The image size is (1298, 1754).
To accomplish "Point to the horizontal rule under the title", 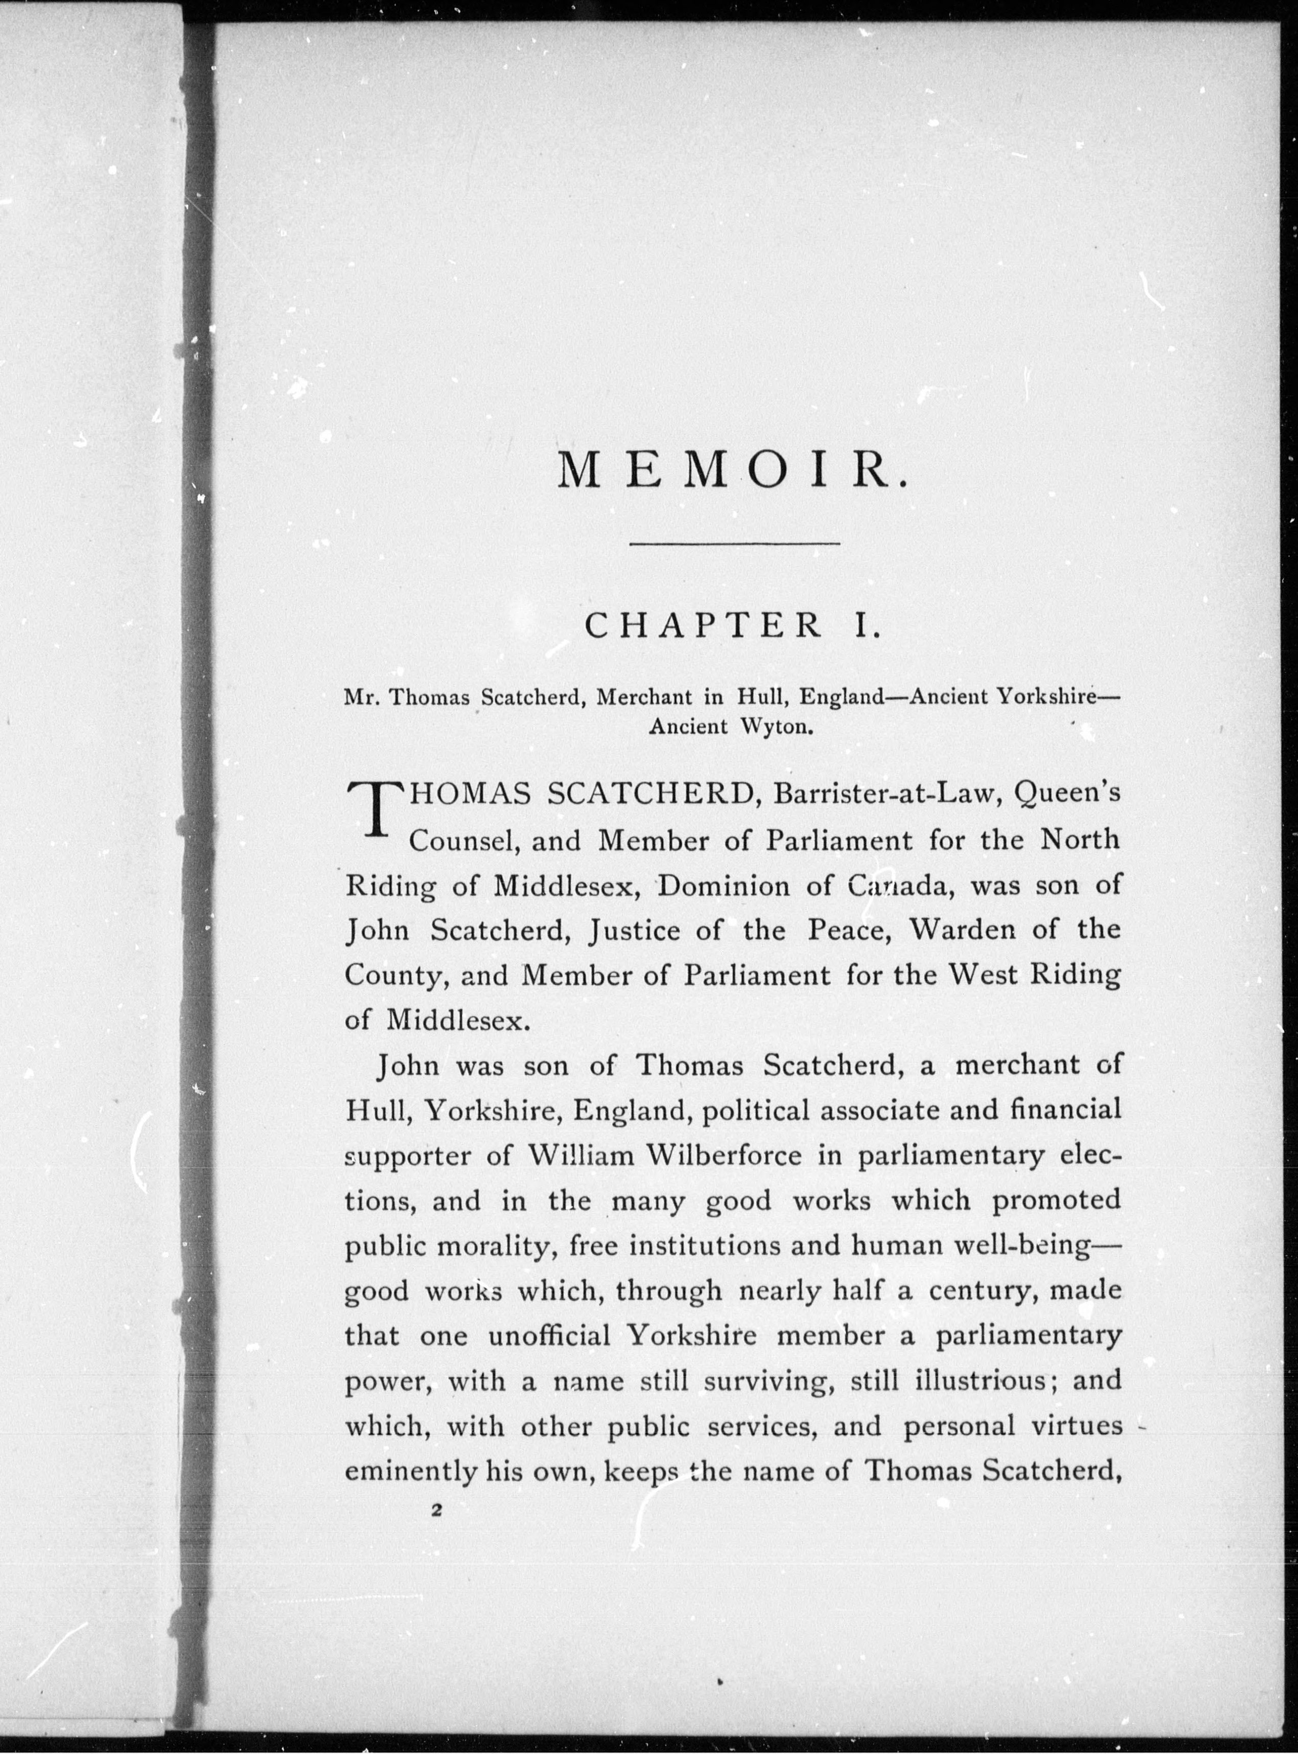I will tap(735, 543).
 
